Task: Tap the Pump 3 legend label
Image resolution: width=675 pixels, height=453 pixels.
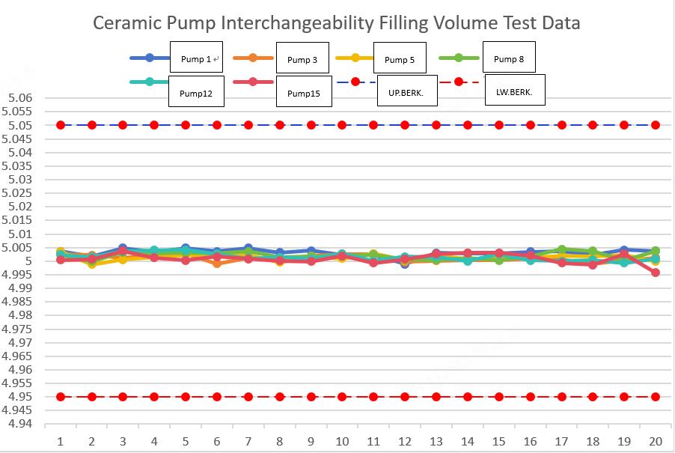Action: [x=303, y=60]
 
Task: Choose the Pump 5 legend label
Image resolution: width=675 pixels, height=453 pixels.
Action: [x=400, y=60]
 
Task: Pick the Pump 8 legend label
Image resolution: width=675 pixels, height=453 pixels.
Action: [x=509, y=59]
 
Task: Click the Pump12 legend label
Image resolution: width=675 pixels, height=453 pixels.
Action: [x=195, y=94]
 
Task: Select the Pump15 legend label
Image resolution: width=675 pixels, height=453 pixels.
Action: [x=303, y=94]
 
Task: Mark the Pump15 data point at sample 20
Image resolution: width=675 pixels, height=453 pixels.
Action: [x=655, y=273]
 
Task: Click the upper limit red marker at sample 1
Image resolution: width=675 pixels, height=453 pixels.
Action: [x=61, y=125]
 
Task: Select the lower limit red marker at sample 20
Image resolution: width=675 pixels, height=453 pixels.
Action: [x=655, y=397]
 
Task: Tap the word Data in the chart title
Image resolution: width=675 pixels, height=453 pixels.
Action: [x=559, y=22]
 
